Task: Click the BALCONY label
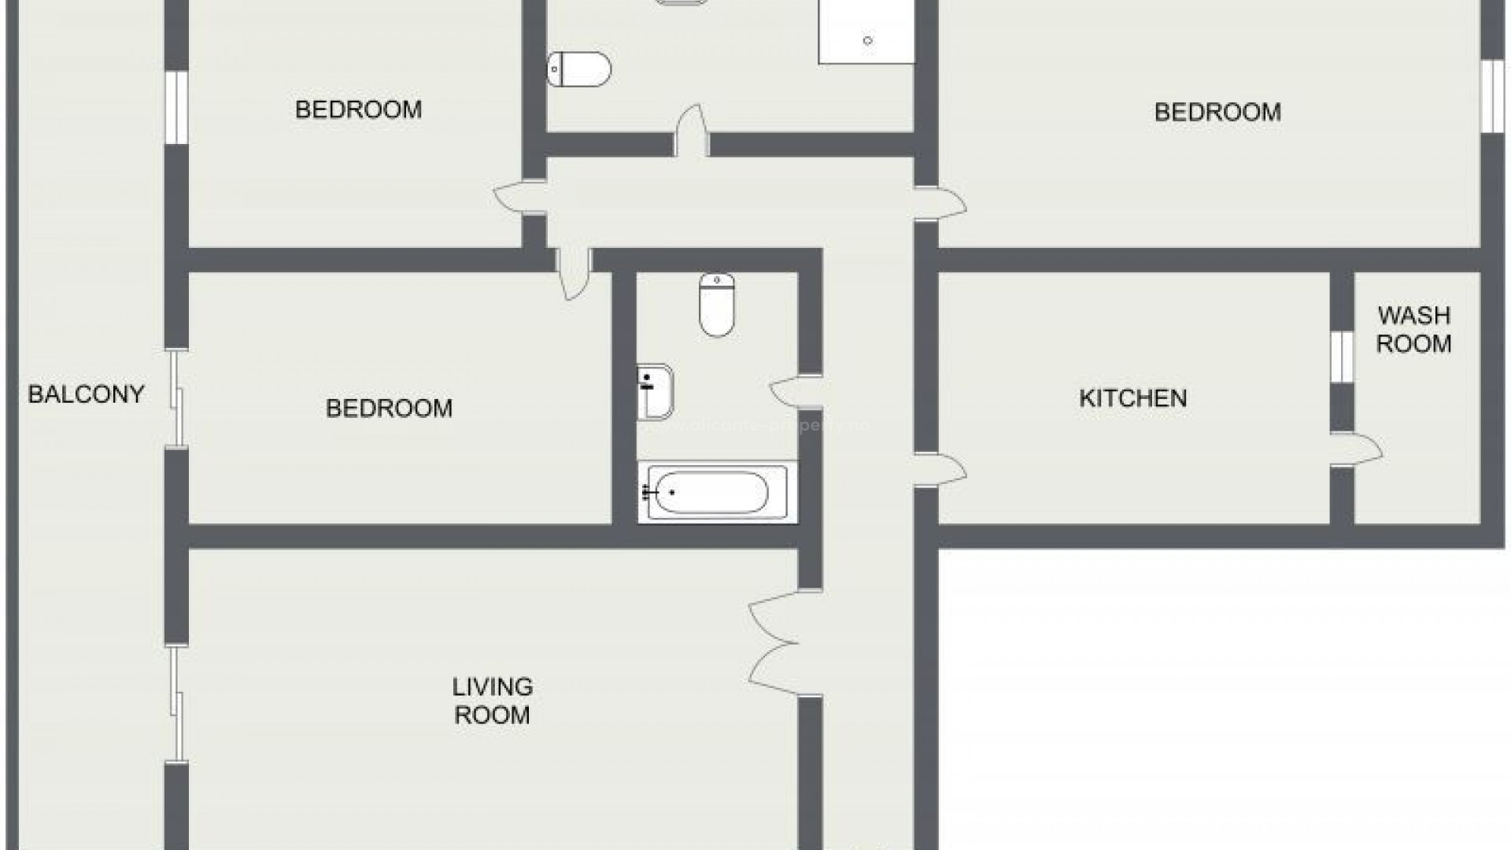pos(86,394)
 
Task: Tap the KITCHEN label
pos(1132,397)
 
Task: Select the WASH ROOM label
pos(1413,330)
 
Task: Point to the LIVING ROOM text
pos(492,700)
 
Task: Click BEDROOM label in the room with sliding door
pos(389,408)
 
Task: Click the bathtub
pos(712,493)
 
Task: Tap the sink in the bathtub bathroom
pos(656,391)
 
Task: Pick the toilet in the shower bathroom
pos(579,69)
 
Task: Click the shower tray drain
pos(867,41)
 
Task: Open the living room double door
pos(775,644)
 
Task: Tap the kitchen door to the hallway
pos(940,471)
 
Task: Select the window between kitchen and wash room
pos(1342,357)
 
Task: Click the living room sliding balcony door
pos(177,704)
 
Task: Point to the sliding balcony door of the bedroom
pos(177,400)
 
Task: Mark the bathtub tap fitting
pos(650,493)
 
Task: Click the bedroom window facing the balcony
pos(176,109)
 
